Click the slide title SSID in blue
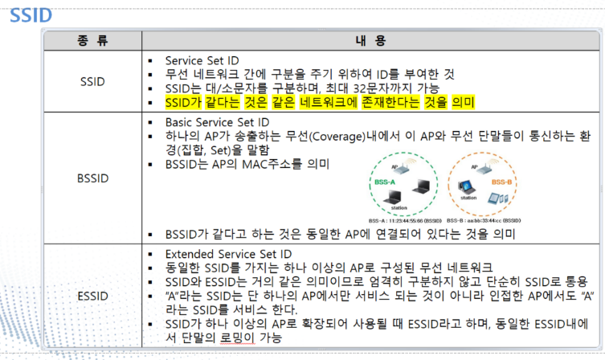pyautogui.click(x=31, y=14)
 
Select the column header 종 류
pyautogui.click(x=92, y=40)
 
